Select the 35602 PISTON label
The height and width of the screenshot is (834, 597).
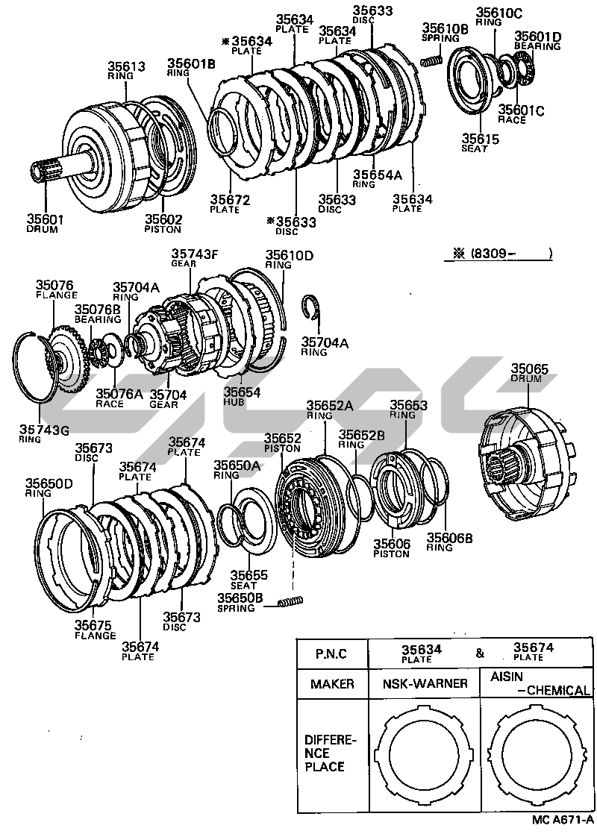163,223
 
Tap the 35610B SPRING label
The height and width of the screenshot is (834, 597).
445,33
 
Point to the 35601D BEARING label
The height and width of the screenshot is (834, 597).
537,41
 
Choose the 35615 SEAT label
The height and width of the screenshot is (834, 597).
475,142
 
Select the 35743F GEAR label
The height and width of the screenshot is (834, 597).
195,257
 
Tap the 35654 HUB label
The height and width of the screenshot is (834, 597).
240,395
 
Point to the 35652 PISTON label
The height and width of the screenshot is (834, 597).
282,443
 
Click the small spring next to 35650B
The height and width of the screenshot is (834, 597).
290,602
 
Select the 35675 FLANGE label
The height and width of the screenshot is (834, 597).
95,630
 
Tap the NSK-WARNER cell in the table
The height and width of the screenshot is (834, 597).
425,683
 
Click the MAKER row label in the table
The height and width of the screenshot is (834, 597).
333,683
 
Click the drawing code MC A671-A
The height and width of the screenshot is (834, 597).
561,820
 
